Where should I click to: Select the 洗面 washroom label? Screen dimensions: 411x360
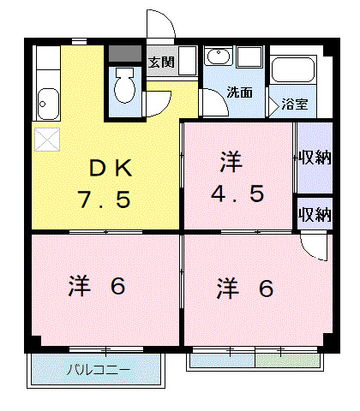point(239,92)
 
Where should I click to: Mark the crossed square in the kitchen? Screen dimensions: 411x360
point(46,139)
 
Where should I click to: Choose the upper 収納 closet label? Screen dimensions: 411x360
point(314,158)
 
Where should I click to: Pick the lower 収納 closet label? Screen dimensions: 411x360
point(314,214)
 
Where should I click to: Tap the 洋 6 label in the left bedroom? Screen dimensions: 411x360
point(97,286)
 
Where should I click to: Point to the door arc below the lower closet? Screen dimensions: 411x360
point(315,248)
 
